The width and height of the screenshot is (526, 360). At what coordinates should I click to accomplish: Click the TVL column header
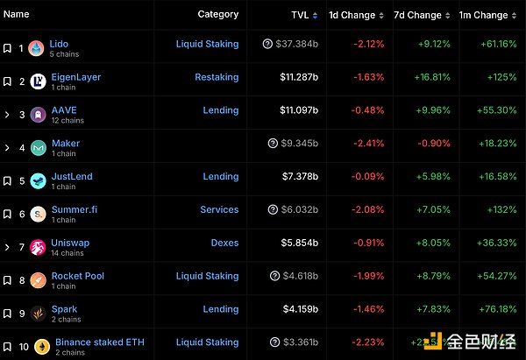(x=299, y=15)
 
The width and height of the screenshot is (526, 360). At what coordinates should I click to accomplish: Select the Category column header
(x=217, y=14)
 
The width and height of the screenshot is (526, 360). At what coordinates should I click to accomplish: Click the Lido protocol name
(x=60, y=44)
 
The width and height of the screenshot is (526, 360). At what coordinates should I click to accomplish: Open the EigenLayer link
(x=76, y=77)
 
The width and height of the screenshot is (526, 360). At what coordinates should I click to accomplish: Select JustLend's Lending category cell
(x=220, y=176)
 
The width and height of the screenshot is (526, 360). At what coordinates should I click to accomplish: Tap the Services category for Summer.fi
(x=218, y=209)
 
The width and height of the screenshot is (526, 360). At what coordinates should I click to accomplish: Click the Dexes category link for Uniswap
(x=224, y=243)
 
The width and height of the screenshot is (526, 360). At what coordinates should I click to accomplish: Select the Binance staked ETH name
(x=99, y=342)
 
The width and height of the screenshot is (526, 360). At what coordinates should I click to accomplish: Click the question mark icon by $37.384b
(x=267, y=44)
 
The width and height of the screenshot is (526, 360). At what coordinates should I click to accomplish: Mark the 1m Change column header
(x=483, y=15)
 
